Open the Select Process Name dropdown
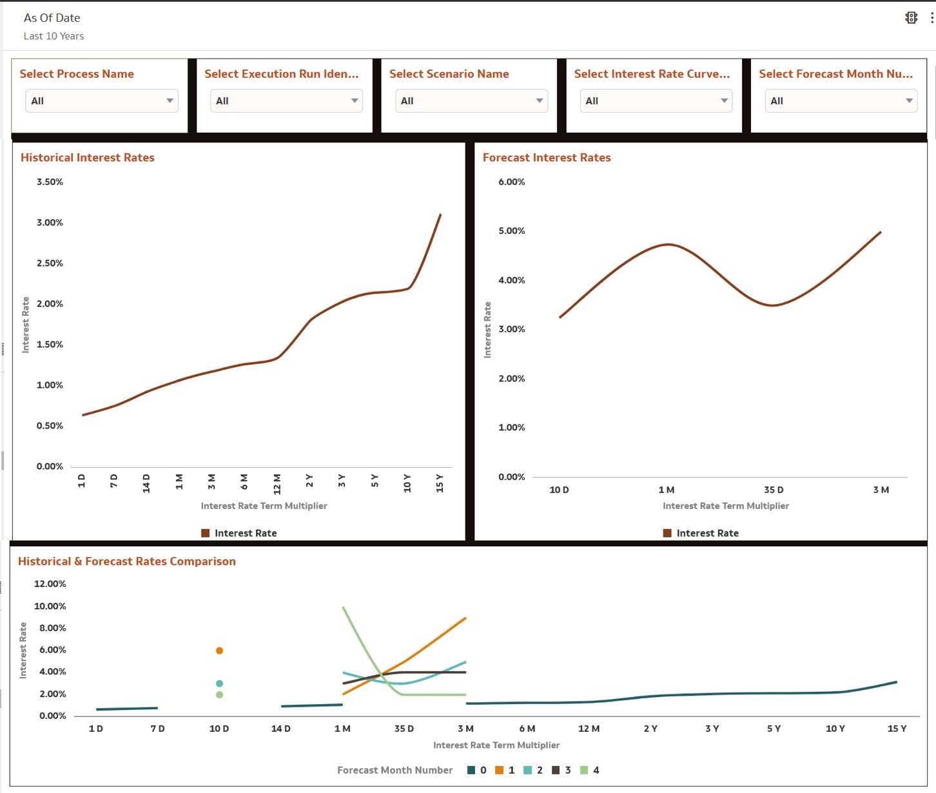pyautogui.click(x=101, y=101)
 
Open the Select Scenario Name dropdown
pyautogui.click(x=471, y=101)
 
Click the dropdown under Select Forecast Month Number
pyautogui.click(x=841, y=101)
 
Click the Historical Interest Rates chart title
pyautogui.click(x=88, y=158)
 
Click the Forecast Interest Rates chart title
pyautogui.click(x=547, y=158)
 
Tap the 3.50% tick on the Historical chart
pyautogui.click(x=50, y=182)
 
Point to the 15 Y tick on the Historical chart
pyautogui.click(x=440, y=482)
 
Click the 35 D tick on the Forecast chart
pyautogui.click(x=774, y=490)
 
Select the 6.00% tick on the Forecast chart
pyautogui.click(x=512, y=182)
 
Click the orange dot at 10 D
pyautogui.click(x=220, y=651)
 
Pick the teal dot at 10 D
pyautogui.click(x=220, y=683)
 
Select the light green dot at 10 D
pyautogui.click(x=220, y=695)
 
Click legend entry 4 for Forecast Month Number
pyautogui.click(x=590, y=770)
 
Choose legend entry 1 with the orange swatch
pyautogui.click(x=505, y=770)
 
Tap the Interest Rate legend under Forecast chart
pyautogui.click(x=701, y=533)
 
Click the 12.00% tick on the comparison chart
pyautogui.click(x=50, y=584)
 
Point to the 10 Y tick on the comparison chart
pyautogui.click(x=835, y=729)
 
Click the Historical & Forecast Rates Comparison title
pyautogui.click(x=127, y=562)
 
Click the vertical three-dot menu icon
pyautogui.click(x=932, y=18)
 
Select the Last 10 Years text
pyautogui.click(x=54, y=37)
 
